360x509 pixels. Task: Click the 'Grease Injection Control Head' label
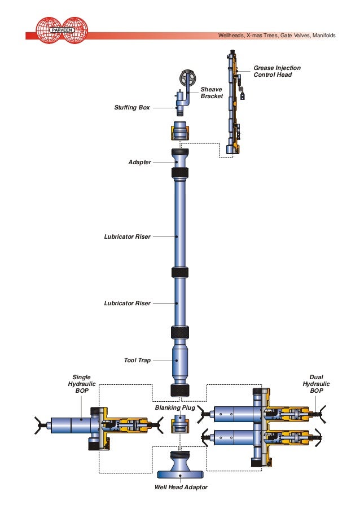point(276,71)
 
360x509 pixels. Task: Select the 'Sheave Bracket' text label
point(212,93)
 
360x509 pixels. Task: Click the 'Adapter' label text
point(140,162)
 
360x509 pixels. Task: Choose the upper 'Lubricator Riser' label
point(127,236)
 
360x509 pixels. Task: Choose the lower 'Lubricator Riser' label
point(127,303)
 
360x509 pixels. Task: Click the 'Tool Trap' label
point(137,359)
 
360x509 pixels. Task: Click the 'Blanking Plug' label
point(175,407)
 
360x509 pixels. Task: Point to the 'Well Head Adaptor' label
point(177,487)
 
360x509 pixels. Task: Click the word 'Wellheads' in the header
point(231,36)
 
